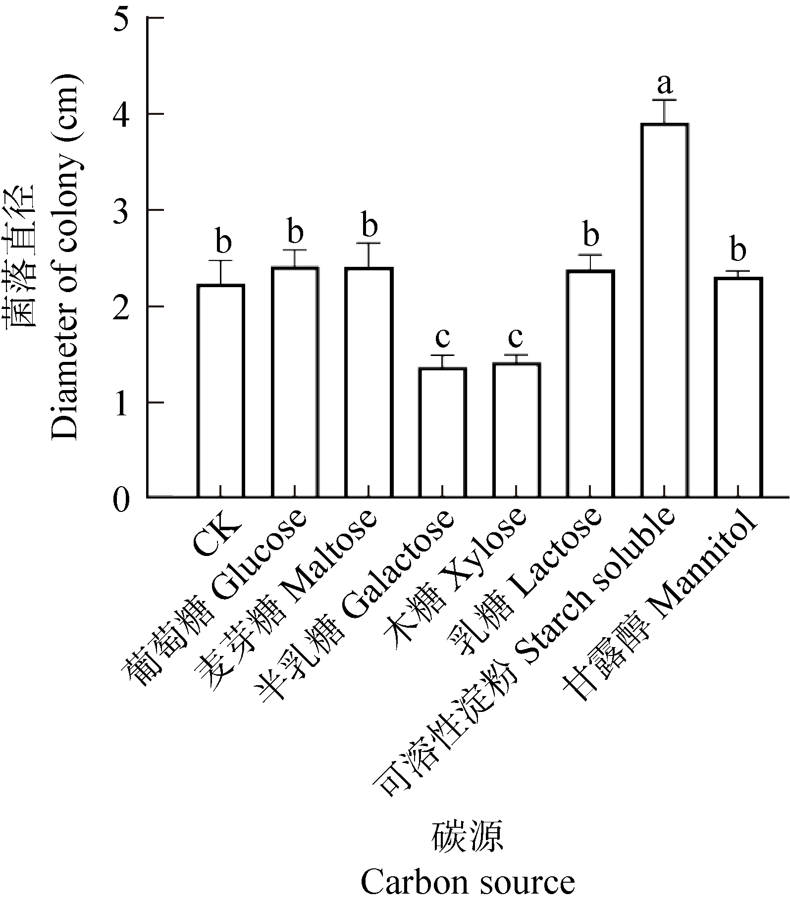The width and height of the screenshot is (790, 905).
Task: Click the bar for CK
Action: [220, 391]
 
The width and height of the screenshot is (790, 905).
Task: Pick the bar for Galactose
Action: [442, 433]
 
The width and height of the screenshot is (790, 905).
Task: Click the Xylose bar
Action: [517, 430]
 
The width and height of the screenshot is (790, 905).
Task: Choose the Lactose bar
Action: [590, 384]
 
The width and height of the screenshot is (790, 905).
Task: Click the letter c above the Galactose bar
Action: [442, 338]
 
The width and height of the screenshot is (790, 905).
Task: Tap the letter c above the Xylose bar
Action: [516, 338]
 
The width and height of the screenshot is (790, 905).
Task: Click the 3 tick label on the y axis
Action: [121, 210]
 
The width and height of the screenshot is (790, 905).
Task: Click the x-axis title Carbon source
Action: [468, 882]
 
